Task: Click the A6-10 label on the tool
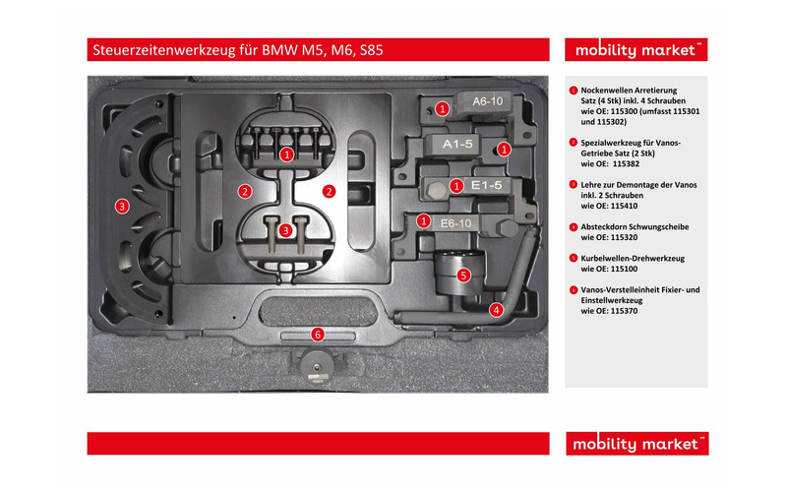pyautogui.click(x=488, y=101)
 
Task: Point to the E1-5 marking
pyautogui.click(x=488, y=184)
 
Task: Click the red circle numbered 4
pyautogui.click(x=496, y=309)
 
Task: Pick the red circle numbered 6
pyautogui.click(x=317, y=334)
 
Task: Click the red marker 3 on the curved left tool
pyautogui.click(x=121, y=207)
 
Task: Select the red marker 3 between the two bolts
pyautogui.click(x=285, y=230)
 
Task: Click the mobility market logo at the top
pyautogui.click(x=639, y=50)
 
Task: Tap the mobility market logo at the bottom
pyautogui.click(x=639, y=444)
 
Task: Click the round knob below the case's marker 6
pyautogui.click(x=317, y=366)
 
